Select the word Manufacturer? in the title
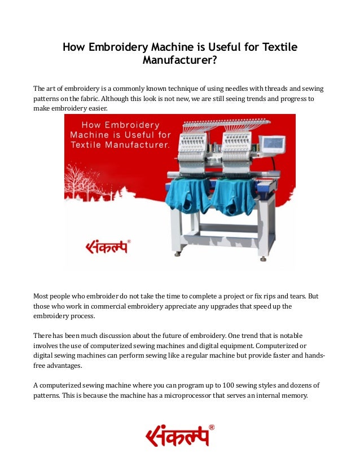pyautogui.click(x=179, y=61)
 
